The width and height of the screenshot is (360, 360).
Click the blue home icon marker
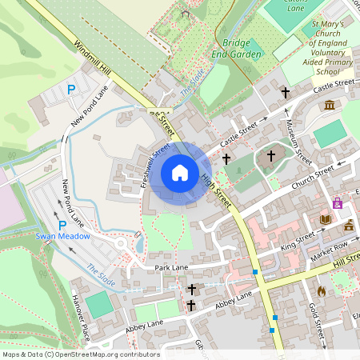180,173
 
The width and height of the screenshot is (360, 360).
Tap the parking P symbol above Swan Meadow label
62,226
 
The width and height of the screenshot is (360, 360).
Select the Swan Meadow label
62,237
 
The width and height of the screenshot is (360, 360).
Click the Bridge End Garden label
242,48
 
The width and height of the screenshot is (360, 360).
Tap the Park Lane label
171,267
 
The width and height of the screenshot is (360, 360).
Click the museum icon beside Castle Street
329,105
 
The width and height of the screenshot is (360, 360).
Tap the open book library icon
325,218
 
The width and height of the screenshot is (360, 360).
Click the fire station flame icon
322,291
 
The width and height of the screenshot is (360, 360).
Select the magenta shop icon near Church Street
338,204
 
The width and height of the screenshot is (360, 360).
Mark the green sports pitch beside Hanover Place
99,305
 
